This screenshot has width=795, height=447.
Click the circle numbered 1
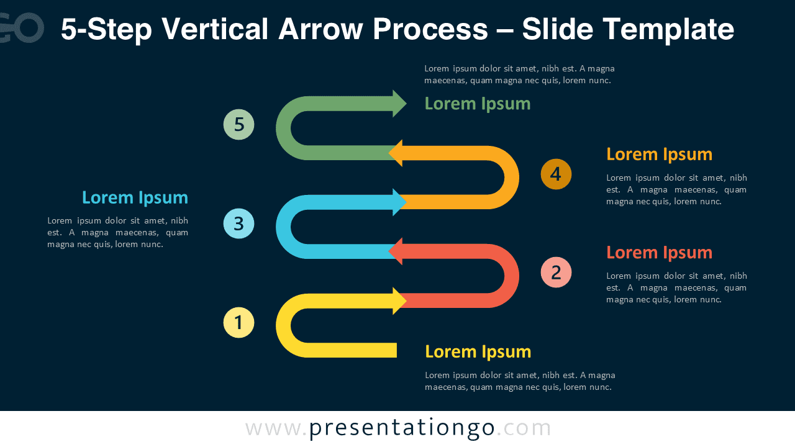[x=238, y=323]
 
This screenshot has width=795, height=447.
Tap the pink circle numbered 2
[x=556, y=273]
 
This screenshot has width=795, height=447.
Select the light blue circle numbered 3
[x=238, y=223]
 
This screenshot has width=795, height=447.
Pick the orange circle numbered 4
[x=556, y=174]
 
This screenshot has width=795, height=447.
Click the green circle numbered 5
[x=238, y=125]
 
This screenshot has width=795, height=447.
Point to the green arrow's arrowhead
[x=399, y=103]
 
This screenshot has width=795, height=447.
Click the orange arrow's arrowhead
[x=396, y=153]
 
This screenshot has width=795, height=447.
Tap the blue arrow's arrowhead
[x=399, y=202]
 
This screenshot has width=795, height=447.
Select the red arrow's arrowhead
[x=396, y=251]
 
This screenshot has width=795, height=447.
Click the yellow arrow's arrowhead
[x=399, y=300]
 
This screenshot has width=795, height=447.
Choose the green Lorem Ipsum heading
[x=477, y=104]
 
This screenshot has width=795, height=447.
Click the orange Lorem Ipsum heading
[x=659, y=154]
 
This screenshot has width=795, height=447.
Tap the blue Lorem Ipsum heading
[x=135, y=197]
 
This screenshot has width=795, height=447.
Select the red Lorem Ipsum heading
[x=659, y=253]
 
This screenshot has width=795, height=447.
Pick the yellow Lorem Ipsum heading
[x=478, y=351]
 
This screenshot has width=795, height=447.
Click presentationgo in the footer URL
[x=402, y=428]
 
